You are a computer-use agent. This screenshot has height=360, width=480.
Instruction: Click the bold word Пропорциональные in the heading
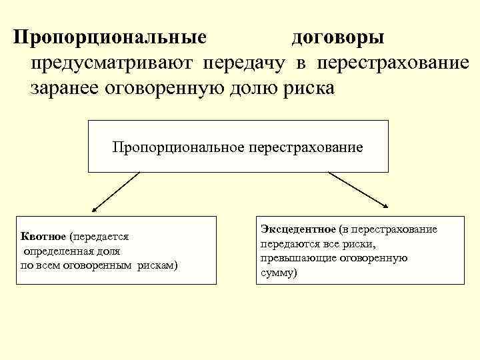tap(109, 37)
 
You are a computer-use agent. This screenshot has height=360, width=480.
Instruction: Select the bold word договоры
tap(337, 37)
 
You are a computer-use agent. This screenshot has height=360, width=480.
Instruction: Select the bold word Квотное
tap(43, 237)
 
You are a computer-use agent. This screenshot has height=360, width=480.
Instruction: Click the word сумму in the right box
tap(276, 273)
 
